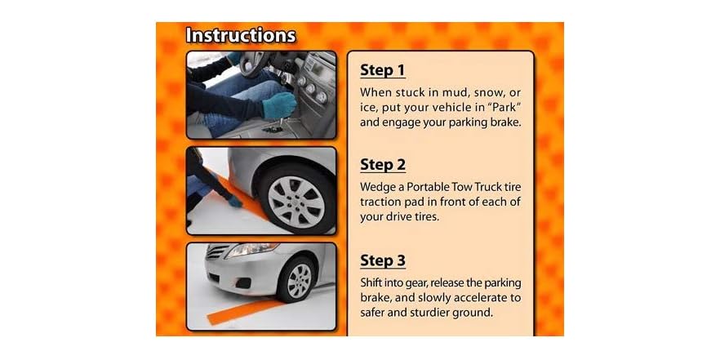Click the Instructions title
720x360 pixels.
point(240,36)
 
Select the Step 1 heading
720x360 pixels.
point(383,70)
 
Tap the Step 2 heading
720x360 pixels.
point(383,165)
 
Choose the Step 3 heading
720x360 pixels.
point(383,260)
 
